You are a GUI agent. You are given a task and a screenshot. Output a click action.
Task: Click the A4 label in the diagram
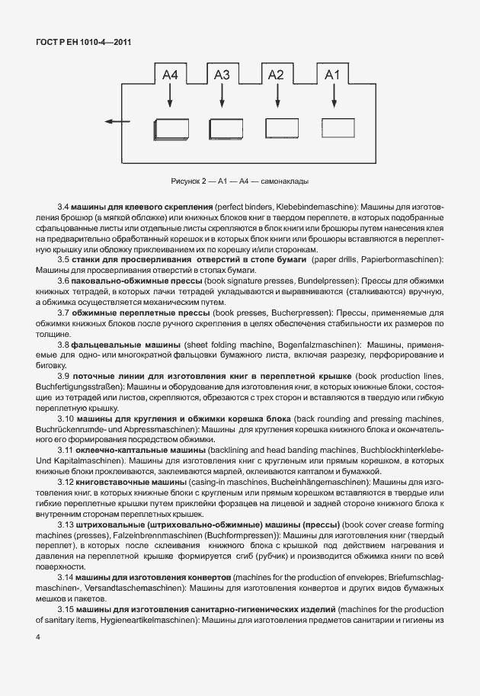[171, 75]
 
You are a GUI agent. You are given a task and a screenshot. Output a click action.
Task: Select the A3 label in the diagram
[222, 75]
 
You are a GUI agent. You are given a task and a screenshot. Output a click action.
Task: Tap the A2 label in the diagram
[276, 75]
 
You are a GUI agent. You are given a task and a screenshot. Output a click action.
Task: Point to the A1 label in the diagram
[332, 75]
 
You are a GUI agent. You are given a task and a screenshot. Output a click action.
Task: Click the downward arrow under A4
[171, 97]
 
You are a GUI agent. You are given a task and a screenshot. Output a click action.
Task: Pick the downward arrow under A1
[332, 97]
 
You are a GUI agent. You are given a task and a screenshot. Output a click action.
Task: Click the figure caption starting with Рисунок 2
[240, 181]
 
